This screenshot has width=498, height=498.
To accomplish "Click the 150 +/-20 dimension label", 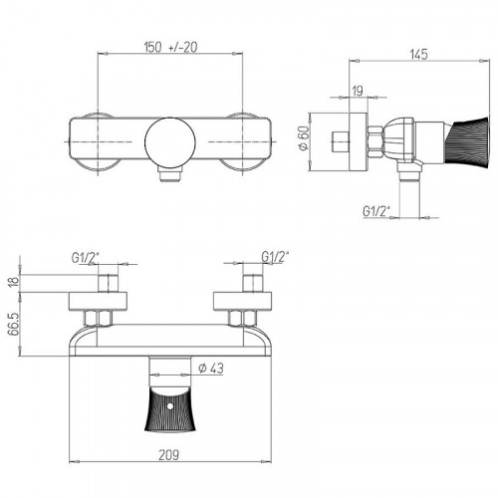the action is [170, 47].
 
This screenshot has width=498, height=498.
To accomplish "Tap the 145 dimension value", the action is [419, 55].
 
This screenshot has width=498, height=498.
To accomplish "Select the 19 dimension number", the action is [358, 91].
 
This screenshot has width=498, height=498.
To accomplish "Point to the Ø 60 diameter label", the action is [304, 137].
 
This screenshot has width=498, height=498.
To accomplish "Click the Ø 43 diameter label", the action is [211, 369].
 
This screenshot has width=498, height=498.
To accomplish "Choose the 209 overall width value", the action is [168, 455].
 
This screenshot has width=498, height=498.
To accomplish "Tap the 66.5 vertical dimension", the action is [13, 325].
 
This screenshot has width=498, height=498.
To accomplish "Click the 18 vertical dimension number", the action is [13, 282].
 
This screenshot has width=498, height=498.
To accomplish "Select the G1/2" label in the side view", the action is [376, 211].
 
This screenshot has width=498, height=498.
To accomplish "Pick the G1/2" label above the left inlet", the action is [86, 258].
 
